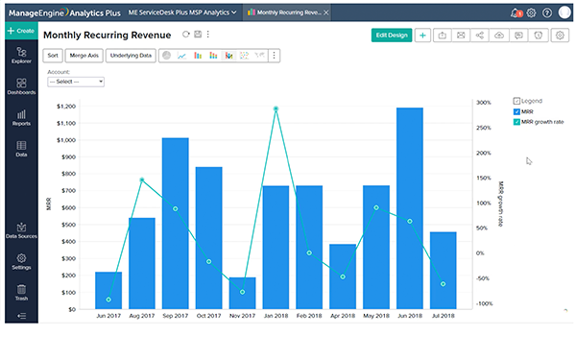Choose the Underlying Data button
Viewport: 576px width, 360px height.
coord(131,56)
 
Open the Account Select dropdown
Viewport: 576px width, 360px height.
coord(75,82)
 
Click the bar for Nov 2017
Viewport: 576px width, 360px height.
coord(242,293)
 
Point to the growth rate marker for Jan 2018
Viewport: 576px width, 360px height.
coord(276,108)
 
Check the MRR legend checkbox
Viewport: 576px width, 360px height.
coord(517,111)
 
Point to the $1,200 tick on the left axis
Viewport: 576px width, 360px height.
coord(67,107)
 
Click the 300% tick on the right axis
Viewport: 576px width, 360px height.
coord(483,102)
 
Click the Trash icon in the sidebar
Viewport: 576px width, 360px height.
coord(21,292)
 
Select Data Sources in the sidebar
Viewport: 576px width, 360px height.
coord(21,230)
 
